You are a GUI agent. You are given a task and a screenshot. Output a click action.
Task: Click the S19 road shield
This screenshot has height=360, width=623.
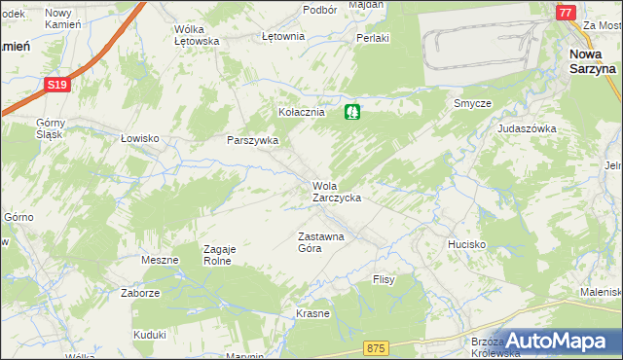56,86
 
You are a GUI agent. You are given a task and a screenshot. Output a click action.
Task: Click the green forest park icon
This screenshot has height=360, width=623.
352,112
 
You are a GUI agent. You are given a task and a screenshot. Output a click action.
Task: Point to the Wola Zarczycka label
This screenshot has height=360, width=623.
337,191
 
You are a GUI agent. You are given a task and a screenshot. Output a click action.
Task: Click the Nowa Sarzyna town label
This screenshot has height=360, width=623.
592,61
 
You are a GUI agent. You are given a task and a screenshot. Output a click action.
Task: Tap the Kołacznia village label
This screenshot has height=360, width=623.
301,113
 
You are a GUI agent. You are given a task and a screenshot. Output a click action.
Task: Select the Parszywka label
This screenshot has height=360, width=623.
252,140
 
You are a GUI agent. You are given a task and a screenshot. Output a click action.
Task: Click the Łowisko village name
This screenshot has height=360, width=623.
139,138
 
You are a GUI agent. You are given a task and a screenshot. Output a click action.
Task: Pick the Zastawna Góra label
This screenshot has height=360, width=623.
320,242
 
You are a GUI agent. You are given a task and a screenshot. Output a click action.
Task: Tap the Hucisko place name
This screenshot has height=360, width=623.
466,243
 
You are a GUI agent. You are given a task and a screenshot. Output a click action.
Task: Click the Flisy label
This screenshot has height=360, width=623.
384,279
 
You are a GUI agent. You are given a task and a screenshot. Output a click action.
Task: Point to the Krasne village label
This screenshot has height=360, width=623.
312,314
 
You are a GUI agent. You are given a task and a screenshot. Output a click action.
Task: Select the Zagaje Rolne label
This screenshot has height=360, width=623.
219,255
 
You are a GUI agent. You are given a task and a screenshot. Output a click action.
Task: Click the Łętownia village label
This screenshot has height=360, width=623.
283,36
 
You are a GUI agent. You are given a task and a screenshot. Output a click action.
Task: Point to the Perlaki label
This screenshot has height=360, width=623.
373,38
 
